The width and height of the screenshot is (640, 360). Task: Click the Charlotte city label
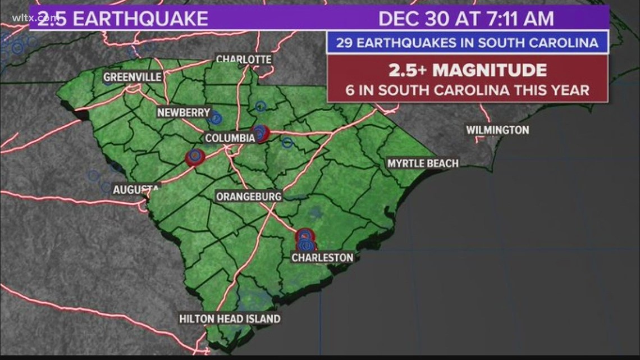pyautogui.click(x=244, y=59)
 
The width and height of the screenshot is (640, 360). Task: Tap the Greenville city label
pyautogui.click(x=132, y=77)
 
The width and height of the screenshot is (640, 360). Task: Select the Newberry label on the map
pyautogui.click(x=183, y=112)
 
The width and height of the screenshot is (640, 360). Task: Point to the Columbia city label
pyautogui.click(x=230, y=138)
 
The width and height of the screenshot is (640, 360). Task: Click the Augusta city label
pyautogui.click(x=136, y=190)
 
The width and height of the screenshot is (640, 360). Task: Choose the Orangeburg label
pyautogui.click(x=249, y=196)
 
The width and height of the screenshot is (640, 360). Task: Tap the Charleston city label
pyautogui.click(x=322, y=258)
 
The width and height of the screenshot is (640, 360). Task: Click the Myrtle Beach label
pyautogui.click(x=423, y=163)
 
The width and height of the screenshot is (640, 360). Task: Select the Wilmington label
pyautogui.click(x=497, y=130)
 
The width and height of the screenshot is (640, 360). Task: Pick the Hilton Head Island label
pyautogui.click(x=230, y=319)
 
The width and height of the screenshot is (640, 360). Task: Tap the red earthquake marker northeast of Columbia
pyautogui.click(x=260, y=133)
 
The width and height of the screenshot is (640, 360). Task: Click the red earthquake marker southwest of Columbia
pyautogui.click(x=194, y=156)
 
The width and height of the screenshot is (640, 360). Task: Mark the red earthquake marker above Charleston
pyautogui.click(x=304, y=235)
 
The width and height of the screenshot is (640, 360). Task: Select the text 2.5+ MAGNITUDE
pyautogui.click(x=467, y=70)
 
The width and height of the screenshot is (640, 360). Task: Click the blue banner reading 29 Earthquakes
pyautogui.click(x=467, y=43)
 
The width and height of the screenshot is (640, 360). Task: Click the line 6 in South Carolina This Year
pyautogui.click(x=467, y=90)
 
